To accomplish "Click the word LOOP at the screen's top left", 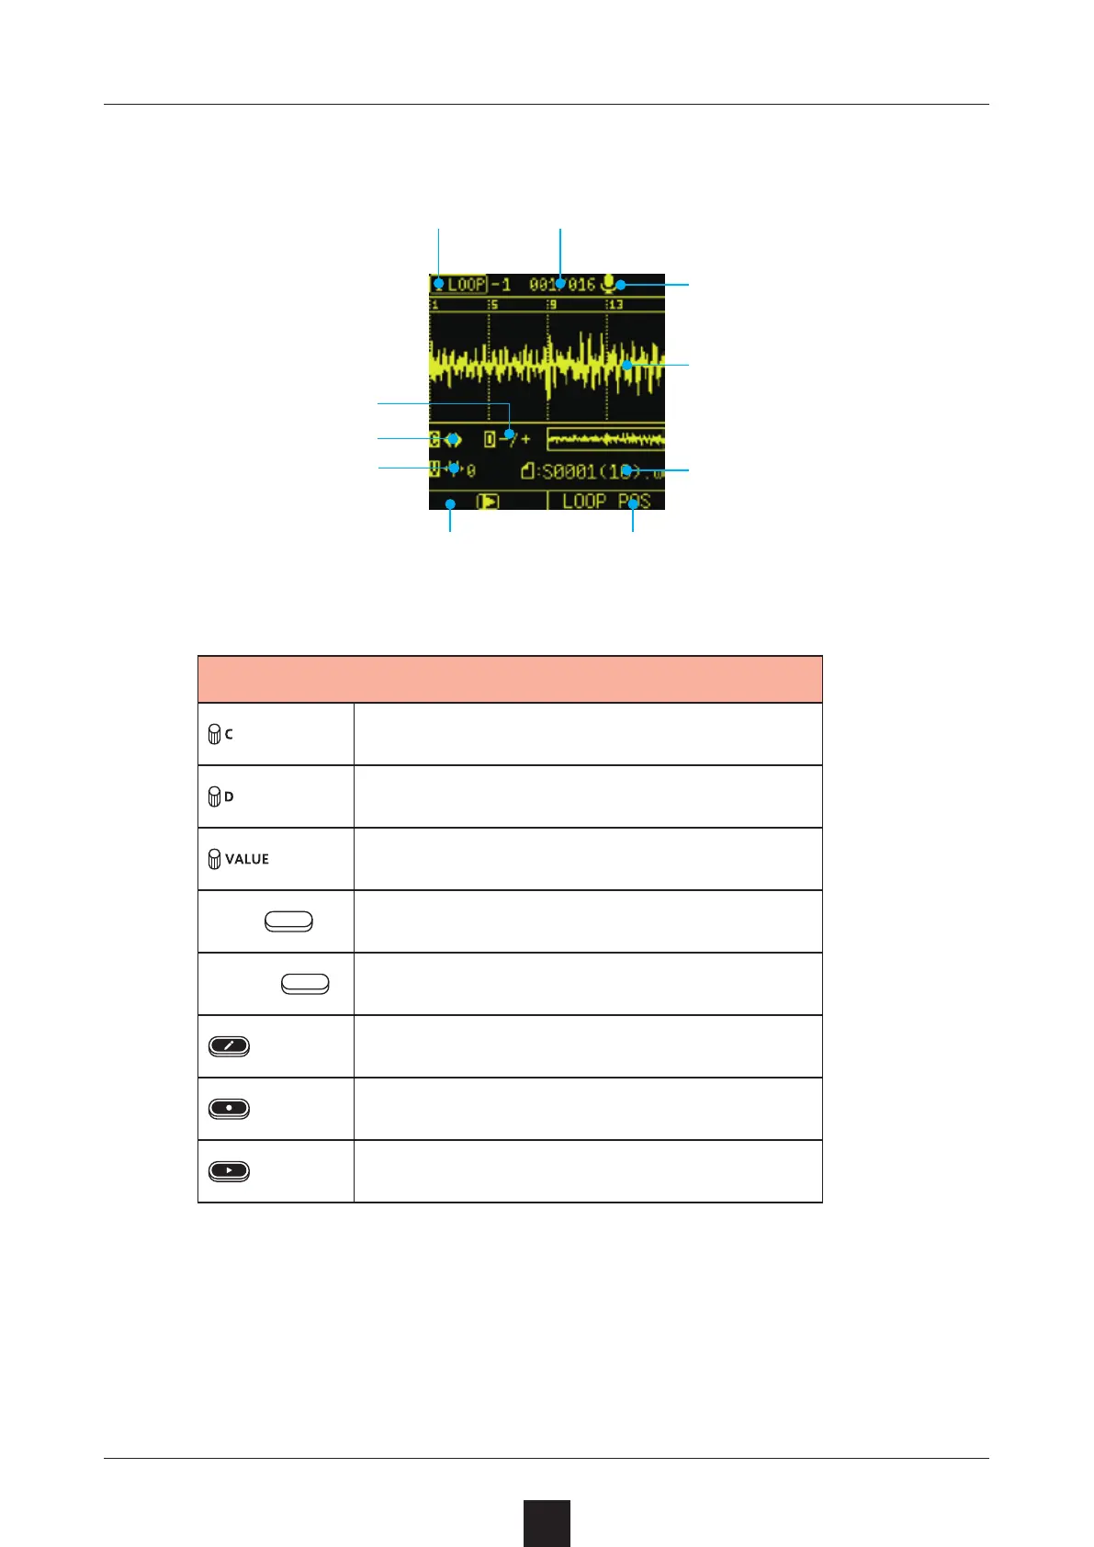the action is click(x=466, y=285).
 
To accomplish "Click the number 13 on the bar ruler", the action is click(x=615, y=305).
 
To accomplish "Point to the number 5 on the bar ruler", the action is click(x=494, y=305).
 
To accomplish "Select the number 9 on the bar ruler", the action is click(x=552, y=305).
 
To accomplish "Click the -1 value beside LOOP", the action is click(x=502, y=285).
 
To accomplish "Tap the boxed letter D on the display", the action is click(x=491, y=439).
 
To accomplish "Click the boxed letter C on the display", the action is click(x=434, y=439).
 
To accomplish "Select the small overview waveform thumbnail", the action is click(x=605, y=439).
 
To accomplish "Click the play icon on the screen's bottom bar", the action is click(x=488, y=502).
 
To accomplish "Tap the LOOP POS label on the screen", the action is click(x=606, y=502).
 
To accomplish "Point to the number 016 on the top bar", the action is click(x=581, y=285).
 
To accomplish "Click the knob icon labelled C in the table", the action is click(x=214, y=734).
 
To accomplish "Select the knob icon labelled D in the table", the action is click(x=214, y=796).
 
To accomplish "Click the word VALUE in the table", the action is click(x=247, y=859).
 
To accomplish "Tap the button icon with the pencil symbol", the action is click(x=229, y=1046).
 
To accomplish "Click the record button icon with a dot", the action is click(x=229, y=1109).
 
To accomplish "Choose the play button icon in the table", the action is click(x=229, y=1171).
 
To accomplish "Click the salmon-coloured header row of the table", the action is click(x=510, y=679).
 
